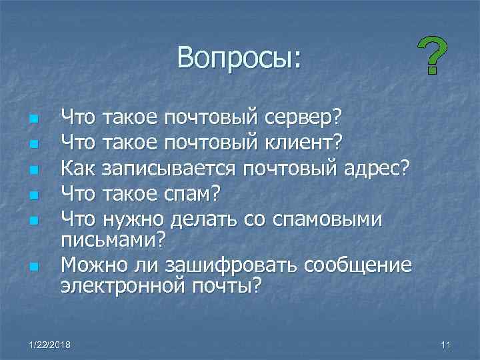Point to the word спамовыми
[326, 218]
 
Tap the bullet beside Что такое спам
[31, 196]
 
